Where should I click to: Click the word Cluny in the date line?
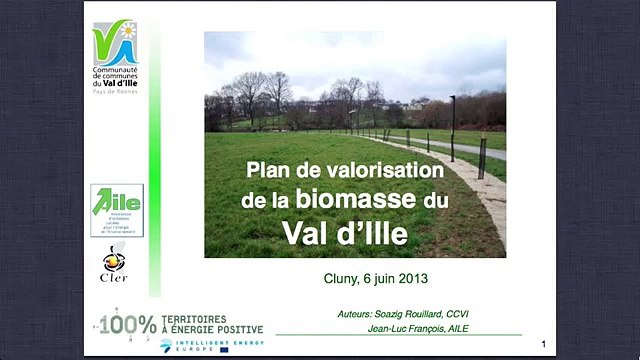tap(344, 279)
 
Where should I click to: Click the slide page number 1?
tap(541, 342)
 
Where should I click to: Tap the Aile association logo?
tap(117, 209)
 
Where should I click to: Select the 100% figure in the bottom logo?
tap(132, 324)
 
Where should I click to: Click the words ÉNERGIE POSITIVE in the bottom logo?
tap(219, 328)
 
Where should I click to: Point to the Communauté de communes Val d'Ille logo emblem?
tap(115, 40)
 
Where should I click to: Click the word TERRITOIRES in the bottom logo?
tap(195, 318)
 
